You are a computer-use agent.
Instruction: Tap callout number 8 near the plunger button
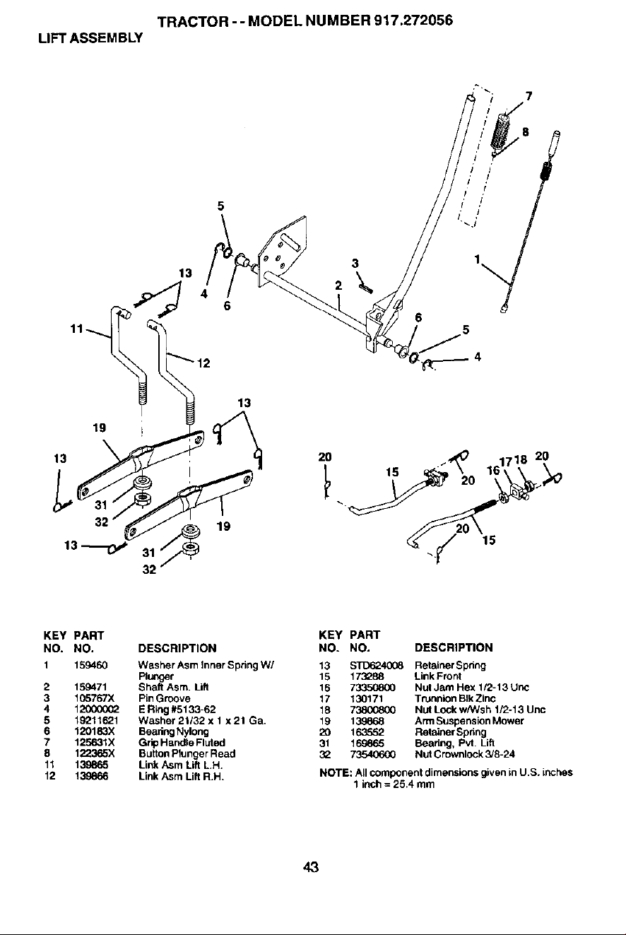click(x=525, y=132)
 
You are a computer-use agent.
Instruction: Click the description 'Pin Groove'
click(x=165, y=698)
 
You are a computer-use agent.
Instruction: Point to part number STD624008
click(x=377, y=665)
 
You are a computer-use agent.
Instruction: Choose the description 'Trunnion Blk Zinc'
click(x=455, y=699)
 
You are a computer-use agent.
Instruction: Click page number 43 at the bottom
click(x=312, y=867)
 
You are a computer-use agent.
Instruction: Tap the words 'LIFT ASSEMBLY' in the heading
click(x=90, y=38)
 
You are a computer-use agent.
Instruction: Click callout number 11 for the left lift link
click(x=77, y=329)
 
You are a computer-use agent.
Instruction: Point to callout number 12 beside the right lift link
click(x=203, y=363)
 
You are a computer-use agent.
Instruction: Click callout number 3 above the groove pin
click(x=355, y=264)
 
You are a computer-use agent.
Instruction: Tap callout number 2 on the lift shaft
click(x=338, y=286)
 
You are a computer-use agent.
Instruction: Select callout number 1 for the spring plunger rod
click(x=478, y=259)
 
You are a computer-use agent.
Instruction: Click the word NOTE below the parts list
click(x=335, y=772)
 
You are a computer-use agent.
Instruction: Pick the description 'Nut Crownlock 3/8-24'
click(x=464, y=754)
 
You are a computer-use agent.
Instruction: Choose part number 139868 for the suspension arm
click(x=367, y=721)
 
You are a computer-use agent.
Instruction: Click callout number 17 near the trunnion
click(x=506, y=462)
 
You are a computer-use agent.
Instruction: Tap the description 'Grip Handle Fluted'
click(x=182, y=743)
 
